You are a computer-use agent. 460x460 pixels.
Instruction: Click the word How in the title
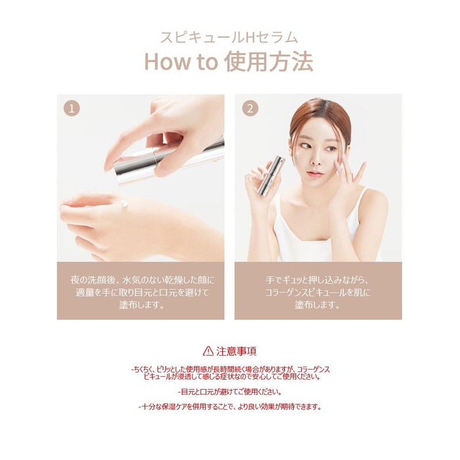(167, 62)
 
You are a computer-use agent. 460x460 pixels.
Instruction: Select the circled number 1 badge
(72, 109)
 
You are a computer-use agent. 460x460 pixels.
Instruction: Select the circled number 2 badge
(250, 109)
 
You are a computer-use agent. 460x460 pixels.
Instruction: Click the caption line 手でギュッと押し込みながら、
(318, 280)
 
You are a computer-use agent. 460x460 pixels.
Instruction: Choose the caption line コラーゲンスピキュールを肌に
(318, 293)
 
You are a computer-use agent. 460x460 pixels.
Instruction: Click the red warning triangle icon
(208, 351)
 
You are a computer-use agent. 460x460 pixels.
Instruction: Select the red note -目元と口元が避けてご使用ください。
(230, 392)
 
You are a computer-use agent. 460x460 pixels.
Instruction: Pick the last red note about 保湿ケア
(230, 407)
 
